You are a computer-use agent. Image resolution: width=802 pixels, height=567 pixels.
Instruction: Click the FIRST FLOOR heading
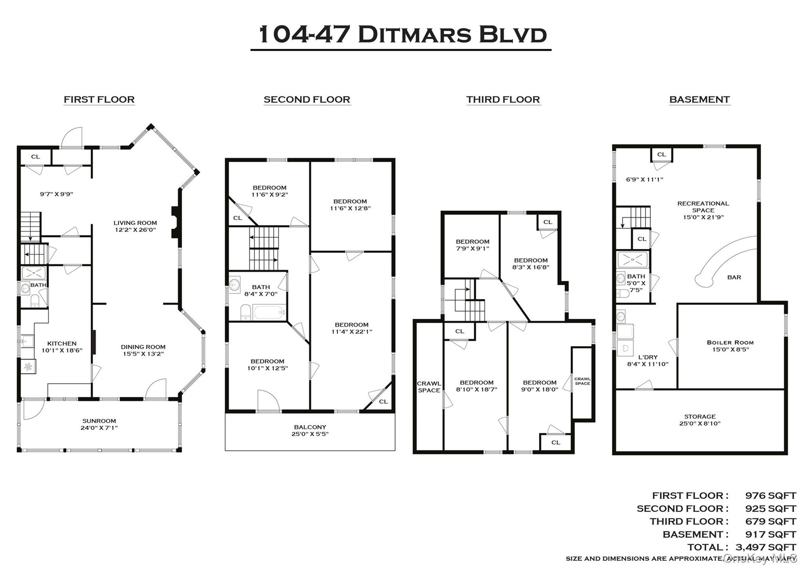click(x=99, y=99)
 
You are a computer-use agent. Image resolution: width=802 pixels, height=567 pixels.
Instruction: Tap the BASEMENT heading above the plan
click(x=699, y=99)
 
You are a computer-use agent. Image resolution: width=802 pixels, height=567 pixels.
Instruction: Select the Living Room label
click(x=135, y=223)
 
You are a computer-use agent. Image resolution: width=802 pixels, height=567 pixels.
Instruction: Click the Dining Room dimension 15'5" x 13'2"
click(x=143, y=353)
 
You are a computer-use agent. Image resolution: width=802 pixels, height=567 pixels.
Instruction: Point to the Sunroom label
click(x=99, y=421)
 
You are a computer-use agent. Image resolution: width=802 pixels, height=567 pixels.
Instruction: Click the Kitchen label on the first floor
click(x=62, y=343)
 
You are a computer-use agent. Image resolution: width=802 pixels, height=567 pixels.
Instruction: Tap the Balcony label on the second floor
click(x=310, y=427)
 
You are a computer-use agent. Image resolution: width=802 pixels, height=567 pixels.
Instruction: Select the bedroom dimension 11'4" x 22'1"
click(x=351, y=331)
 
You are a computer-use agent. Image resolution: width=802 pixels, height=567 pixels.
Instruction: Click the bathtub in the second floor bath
click(x=269, y=312)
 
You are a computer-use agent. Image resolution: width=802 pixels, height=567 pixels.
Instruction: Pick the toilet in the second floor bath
click(x=246, y=312)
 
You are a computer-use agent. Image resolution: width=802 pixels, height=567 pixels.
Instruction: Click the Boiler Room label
click(x=730, y=342)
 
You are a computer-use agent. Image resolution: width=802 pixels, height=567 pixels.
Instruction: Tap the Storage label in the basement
click(x=700, y=417)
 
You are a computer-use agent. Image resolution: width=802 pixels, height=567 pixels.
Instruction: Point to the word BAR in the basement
click(x=734, y=277)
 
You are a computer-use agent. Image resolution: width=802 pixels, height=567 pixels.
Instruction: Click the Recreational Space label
click(x=703, y=207)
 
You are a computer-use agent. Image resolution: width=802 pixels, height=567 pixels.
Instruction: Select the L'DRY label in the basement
click(x=648, y=357)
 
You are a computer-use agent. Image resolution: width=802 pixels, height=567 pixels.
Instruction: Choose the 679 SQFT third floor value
click(x=771, y=521)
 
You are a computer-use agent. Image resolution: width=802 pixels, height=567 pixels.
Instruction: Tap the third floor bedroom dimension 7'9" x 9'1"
click(x=472, y=248)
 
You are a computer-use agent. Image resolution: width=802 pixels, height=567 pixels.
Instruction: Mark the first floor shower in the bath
click(x=33, y=273)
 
